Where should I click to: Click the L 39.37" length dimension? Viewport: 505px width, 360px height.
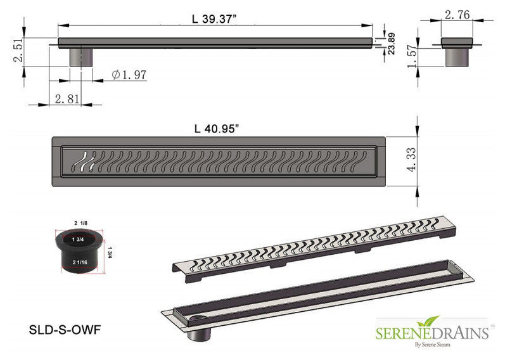coord(214,19)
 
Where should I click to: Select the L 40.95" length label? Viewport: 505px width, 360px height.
coord(217,129)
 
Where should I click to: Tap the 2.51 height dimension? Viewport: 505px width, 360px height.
coord(18,50)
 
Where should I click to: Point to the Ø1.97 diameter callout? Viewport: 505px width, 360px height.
coord(129,75)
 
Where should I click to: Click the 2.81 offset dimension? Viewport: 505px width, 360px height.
coord(67,99)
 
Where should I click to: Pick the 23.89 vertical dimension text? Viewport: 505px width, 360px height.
coord(392,44)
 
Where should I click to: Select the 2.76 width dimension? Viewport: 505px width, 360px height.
coord(457,15)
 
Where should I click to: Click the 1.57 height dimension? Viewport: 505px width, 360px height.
coord(412,56)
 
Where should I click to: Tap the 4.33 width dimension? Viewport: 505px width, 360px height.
coord(412,160)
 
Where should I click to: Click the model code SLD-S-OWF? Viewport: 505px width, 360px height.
coord(65,330)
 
